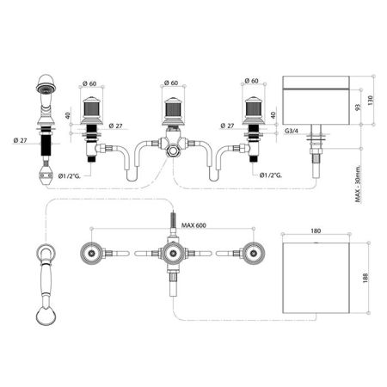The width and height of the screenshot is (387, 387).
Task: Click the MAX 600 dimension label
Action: (193, 225)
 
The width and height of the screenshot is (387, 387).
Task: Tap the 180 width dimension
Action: (316, 230)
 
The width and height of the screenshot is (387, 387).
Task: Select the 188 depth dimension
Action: (365, 278)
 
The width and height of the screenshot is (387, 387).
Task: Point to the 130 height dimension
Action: (370, 101)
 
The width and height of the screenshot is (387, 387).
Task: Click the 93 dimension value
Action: (358, 107)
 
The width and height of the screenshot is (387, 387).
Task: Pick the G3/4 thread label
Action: (292, 131)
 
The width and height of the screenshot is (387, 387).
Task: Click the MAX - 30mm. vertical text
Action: (359, 184)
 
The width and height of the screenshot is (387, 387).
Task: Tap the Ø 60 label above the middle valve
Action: (171, 83)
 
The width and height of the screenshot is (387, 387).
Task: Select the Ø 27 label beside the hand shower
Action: (20, 140)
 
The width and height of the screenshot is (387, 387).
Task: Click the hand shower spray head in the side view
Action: (46, 85)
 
